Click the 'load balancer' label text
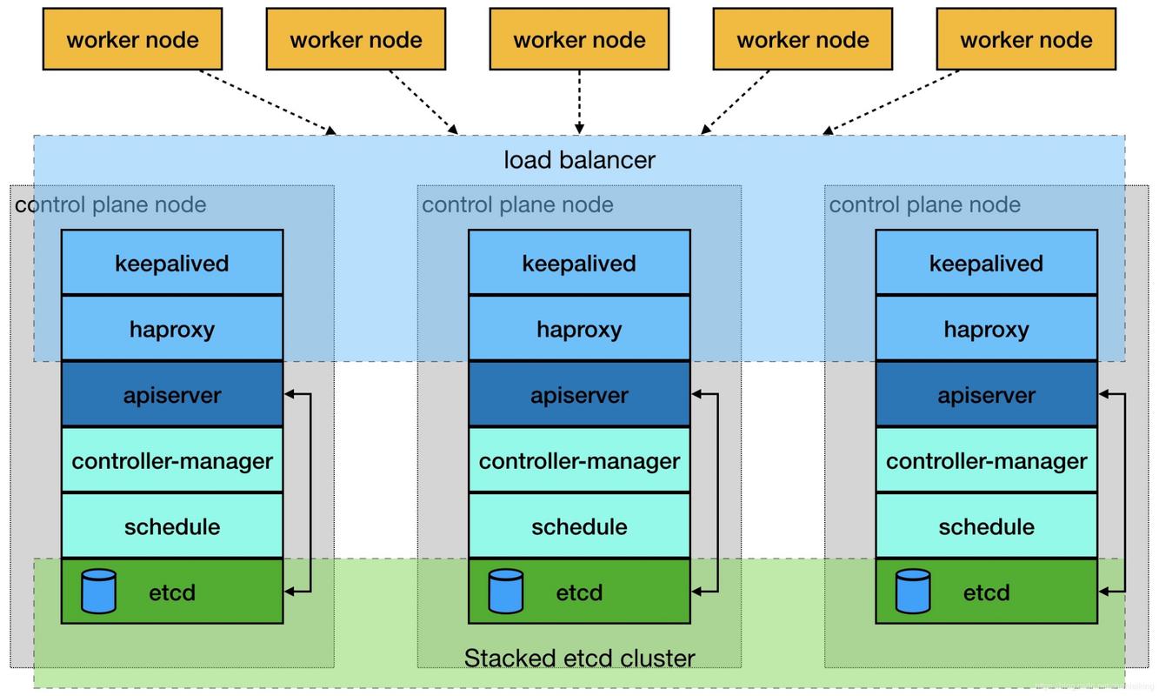[579, 160]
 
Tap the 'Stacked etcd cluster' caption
[579, 658]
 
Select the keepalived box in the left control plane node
[172, 263]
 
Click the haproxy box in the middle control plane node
[579, 329]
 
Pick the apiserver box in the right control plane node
[986, 395]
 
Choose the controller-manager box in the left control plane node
[172, 460]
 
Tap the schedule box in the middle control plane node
[579, 526]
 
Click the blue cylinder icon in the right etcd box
[913, 592]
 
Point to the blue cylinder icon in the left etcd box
[98, 592]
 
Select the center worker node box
[579, 39]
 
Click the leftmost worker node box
[132, 39]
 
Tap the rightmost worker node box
[1026, 39]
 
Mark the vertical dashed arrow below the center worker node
[579, 102]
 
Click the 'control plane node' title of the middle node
[517, 204]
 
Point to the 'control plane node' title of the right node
[924, 204]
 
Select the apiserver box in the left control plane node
[172, 395]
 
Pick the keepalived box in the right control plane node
[986, 263]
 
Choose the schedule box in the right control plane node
[986, 526]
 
